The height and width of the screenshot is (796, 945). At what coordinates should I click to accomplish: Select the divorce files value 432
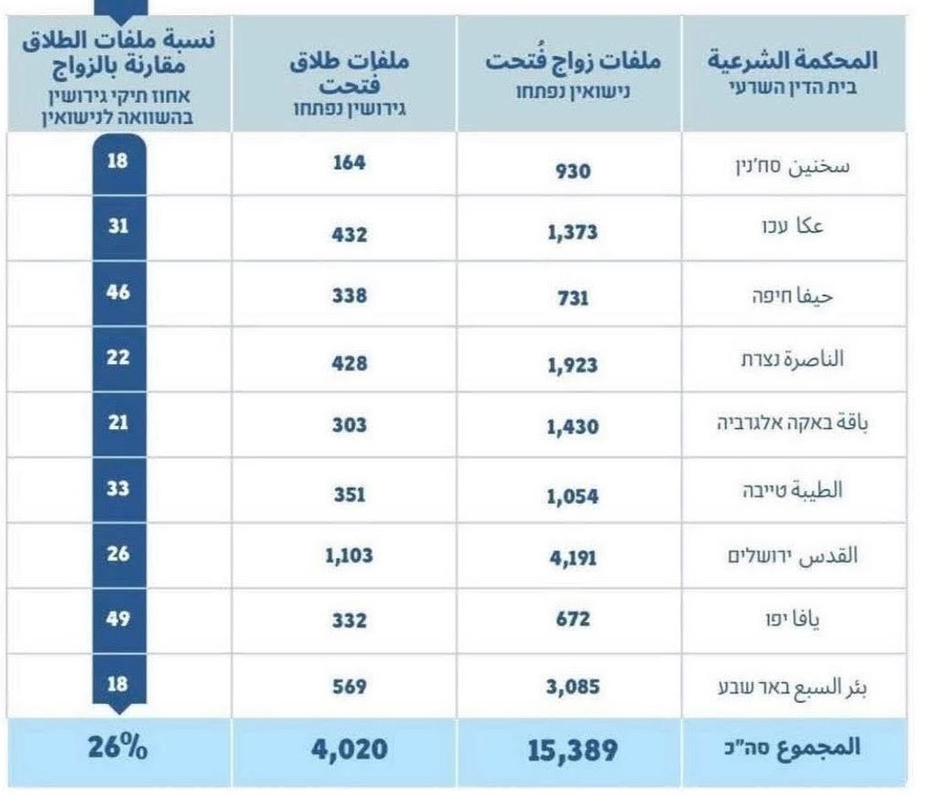pos(349,234)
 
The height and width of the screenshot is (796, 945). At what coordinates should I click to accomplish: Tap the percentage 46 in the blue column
pos(118,292)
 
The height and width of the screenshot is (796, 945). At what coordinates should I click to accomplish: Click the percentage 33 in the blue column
pos(118,488)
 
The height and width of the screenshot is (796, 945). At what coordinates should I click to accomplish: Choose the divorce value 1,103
pos(349,555)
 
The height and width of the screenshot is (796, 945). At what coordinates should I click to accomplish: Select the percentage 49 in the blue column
pos(118,619)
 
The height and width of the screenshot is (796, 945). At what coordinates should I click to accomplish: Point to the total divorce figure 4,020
pos(349,750)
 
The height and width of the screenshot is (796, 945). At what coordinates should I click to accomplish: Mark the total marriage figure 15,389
pos(572,750)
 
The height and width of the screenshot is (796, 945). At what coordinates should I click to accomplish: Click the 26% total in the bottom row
pos(118,749)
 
